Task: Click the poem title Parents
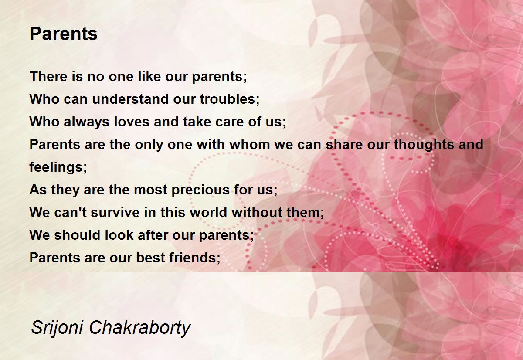coord(64,34)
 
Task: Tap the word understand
coord(130,99)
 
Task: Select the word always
coord(86,122)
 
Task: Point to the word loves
coord(132,122)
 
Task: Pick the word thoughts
coord(424,145)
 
